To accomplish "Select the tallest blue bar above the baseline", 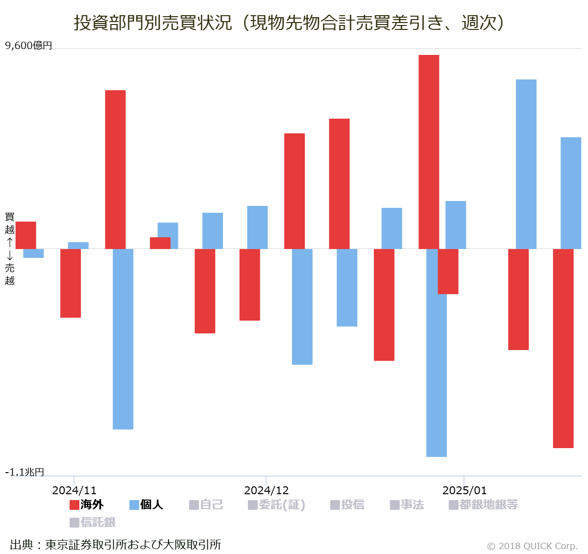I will [x=526, y=164].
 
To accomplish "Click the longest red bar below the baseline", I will [x=563, y=348].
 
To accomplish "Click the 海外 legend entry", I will [x=87, y=504].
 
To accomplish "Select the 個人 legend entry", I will [x=146, y=504].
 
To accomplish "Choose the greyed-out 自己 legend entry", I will [x=206, y=504].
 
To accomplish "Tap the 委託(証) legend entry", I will [x=277, y=504].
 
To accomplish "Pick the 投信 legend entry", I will [x=347, y=504].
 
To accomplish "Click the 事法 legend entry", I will [x=407, y=504].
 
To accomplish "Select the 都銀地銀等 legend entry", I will [x=484, y=504].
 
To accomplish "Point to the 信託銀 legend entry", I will [x=93, y=522].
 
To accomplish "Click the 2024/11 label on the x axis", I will [x=74, y=490].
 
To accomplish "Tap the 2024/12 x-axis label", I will [x=266, y=490].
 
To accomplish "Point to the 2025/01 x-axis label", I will [x=464, y=490].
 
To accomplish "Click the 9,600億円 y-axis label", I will [x=28, y=46].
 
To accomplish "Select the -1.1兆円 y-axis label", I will [x=24, y=472].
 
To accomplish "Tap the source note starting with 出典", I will [x=116, y=545].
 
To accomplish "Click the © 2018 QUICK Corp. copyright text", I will [x=532, y=546].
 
